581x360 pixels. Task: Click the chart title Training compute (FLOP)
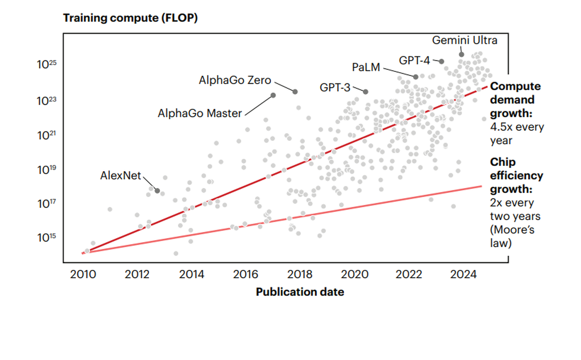pyautogui.click(x=130, y=18)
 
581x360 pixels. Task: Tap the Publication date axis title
pyautogui.click(x=300, y=292)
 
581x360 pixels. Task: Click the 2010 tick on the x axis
pyautogui.click(x=83, y=274)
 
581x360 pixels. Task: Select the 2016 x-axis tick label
pyautogui.click(x=246, y=274)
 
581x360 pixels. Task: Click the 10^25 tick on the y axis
pyautogui.click(x=46, y=64)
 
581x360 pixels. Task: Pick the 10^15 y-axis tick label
pyautogui.click(x=46, y=237)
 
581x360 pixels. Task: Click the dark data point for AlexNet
pyautogui.click(x=157, y=190)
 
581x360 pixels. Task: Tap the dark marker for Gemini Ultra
pyautogui.click(x=462, y=54)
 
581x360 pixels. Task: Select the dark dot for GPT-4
pyautogui.click(x=441, y=61)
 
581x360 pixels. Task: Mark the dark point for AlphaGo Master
pyautogui.click(x=273, y=95)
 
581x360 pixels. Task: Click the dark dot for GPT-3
pyautogui.click(x=366, y=91)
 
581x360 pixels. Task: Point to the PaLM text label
pyautogui.click(x=366, y=67)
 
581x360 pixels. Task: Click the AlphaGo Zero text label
pyautogui.click(x=235, y=81)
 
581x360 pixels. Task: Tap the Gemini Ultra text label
pyautogui.click(x=464, y=40)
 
